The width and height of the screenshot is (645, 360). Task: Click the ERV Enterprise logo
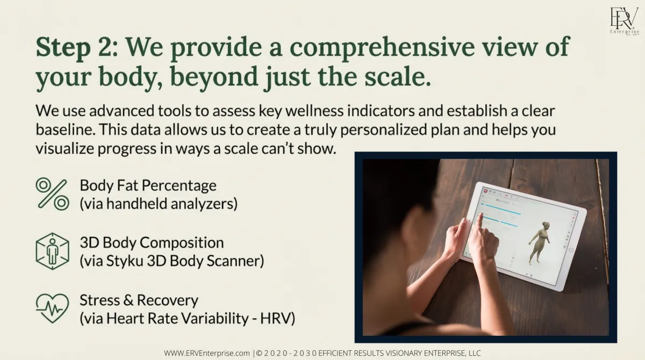pos(624,21)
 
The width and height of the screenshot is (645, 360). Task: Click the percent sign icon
pos(53,194)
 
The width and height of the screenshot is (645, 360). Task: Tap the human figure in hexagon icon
pos(53,251)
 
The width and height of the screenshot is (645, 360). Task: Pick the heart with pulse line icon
pos(53,308)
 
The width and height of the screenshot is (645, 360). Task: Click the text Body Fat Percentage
pos(148,185)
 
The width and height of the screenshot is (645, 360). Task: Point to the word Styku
pos(125,261)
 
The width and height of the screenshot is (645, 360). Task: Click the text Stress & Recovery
pos(139,300)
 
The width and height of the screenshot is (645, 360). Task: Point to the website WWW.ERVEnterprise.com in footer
pos(207,353)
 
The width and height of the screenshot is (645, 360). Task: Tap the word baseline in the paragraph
pos(66,129)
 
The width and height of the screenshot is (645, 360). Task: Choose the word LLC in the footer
pos(474,353)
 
